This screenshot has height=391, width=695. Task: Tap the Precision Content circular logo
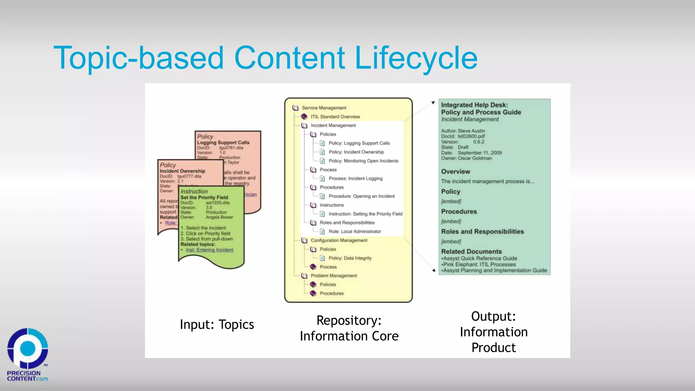click(x=27, y=348)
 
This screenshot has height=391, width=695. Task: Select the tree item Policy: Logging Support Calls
click(x=359, y=143)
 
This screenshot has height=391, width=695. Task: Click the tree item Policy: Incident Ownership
click(x=356, y=152)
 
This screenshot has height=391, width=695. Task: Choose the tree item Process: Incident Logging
click(x=355, y=179)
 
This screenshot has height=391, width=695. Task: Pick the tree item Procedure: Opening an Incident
click(x=361, y=196)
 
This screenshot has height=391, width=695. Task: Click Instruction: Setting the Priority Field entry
click(x=365, y=214)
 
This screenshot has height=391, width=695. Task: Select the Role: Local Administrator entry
click(x=354, y=231)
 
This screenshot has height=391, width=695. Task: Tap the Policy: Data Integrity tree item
click(x=350, y=258)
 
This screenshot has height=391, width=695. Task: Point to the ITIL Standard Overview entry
click(x=335, y=117)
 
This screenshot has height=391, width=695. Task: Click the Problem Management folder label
click(x=334, y=276)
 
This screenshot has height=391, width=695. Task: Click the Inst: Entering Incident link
click(x=209, y=250)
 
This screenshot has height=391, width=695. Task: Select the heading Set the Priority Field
click(x=204, y=198)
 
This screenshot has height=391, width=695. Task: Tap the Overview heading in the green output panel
click(x=455, y=172)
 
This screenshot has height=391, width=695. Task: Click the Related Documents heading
click(x=471, y=252)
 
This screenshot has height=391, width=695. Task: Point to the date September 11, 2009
click(x=480, y=153)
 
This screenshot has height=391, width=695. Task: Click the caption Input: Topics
click(x=217, y=325)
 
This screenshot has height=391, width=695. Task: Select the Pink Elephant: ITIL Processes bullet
click(x=479, y=264)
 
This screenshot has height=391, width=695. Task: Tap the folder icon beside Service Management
click(x=295, y=108)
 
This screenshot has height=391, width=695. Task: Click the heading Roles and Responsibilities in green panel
click(x=482, y=231)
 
